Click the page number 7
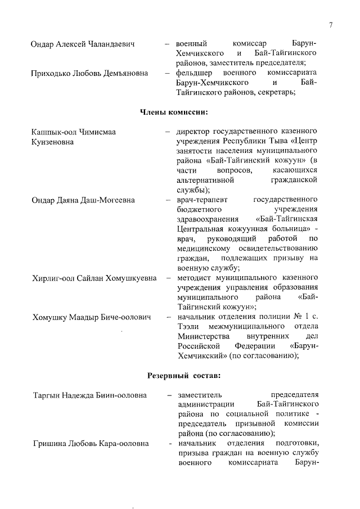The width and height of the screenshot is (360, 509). pyautogui.click(x=331, y=24)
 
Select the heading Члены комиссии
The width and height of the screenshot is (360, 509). pyautogui.click(x=174, y=112)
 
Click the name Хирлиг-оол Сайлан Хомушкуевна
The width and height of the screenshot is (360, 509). pyautogui.click(x=92, y=278)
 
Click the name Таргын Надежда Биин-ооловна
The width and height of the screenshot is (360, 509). pyautogui.click(x=89, y=395)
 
